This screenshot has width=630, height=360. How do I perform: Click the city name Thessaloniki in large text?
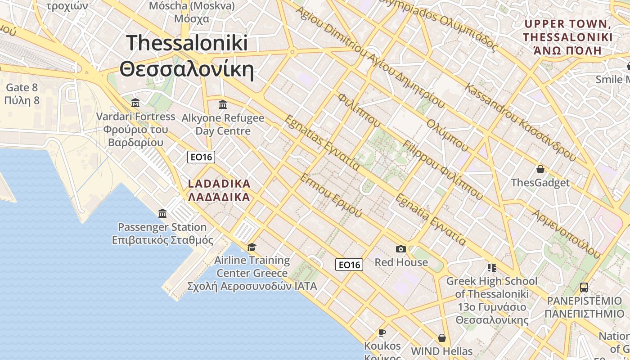187,43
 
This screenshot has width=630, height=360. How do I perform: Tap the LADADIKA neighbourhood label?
219,184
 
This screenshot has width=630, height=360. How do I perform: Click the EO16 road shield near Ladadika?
201,157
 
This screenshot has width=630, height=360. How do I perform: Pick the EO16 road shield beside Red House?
349,265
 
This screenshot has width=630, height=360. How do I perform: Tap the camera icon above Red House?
400,249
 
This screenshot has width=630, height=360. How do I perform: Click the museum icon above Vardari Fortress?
135,103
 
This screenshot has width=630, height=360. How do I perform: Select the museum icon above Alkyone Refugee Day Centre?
222,105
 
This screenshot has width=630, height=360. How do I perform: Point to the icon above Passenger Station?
162,214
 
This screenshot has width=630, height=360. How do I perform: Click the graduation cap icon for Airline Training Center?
252,247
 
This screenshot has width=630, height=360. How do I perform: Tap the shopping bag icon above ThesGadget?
540,170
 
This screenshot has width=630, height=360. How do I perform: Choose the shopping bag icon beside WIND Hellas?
442,338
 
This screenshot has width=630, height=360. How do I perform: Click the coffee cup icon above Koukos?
382,333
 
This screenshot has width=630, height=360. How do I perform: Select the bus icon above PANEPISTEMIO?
584,287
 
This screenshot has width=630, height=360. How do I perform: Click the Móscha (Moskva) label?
192,6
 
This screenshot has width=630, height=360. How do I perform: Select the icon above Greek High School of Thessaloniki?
491,268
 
